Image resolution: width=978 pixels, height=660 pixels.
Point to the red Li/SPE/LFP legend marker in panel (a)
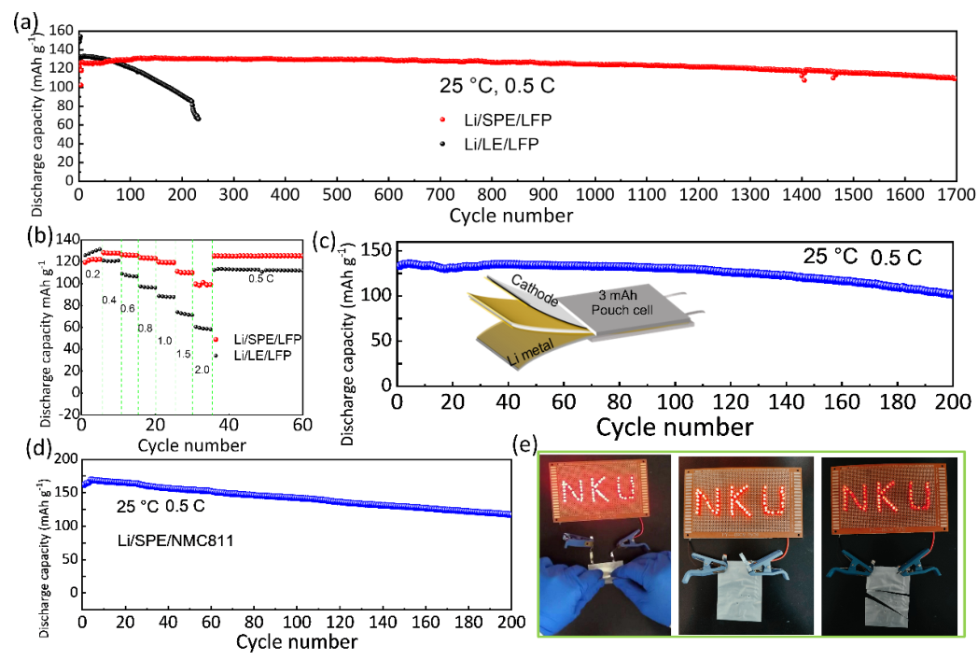pyautogui.click(x=442, y=119)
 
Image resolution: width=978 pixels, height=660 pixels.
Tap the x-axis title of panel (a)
pyautogui.click(x=511, y=217)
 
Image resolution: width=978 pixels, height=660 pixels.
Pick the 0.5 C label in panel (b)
pyautogui.click(x=260, y=278)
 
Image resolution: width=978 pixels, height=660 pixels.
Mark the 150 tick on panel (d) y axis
pyautogui.click(x=65, y=492)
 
